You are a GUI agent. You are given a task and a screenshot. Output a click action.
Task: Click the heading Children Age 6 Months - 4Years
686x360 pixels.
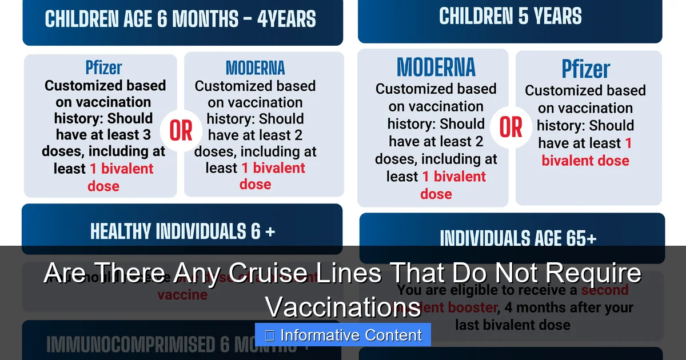tap(180, 19)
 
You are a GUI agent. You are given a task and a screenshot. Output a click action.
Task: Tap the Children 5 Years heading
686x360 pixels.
tap(510, 17)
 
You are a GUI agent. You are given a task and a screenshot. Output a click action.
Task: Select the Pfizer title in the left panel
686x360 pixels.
tap(103, 68)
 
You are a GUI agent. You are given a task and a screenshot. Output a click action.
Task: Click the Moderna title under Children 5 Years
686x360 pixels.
tap(436, 67)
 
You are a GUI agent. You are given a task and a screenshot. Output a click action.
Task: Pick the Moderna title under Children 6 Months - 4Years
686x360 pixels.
tap(255, 68)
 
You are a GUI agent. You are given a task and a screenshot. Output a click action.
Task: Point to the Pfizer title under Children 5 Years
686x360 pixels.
tap(586, 70)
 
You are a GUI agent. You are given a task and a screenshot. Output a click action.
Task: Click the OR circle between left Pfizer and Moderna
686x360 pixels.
tap(181, 132)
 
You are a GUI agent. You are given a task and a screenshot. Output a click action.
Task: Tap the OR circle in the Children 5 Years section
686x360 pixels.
tap(510, 128)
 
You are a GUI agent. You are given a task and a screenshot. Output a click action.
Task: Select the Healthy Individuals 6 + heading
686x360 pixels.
tap(182, 231)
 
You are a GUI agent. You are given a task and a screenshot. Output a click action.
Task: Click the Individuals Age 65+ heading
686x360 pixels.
tap(518, 238)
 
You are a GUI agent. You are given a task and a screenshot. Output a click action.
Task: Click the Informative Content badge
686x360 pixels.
tap(343, 335)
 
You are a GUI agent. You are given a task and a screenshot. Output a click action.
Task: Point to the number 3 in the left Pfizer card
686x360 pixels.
tap(147, 135)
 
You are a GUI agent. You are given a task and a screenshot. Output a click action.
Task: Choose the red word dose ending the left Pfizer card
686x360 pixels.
tap(103, 186)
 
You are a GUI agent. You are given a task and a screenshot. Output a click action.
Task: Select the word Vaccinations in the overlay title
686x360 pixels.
tap(343, 307)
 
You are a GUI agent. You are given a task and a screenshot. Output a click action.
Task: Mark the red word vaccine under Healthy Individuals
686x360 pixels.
tap(182, 295)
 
